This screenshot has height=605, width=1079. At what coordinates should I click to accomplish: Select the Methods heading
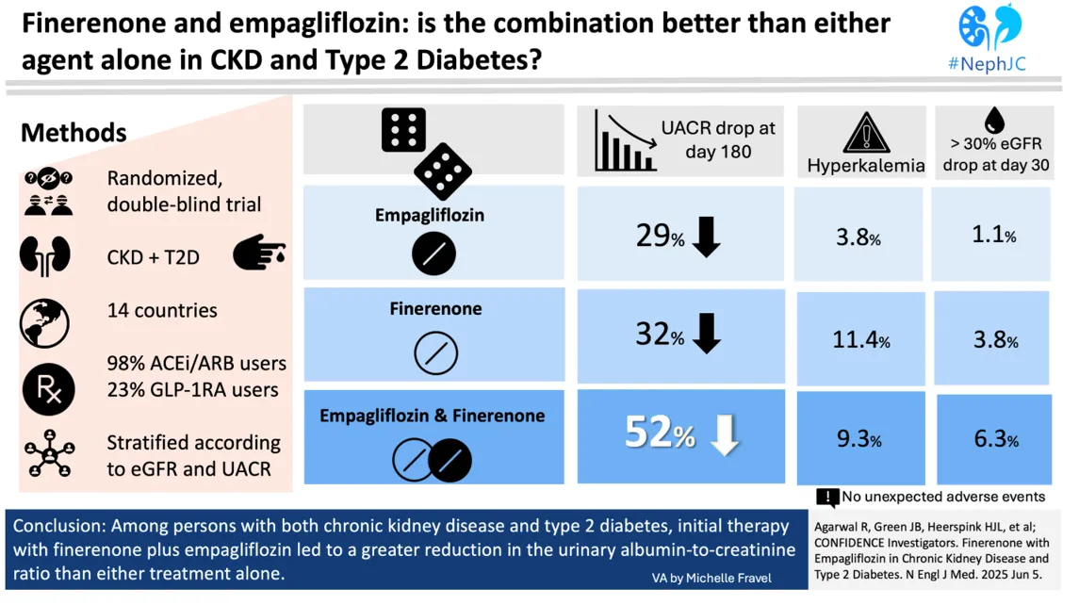[74, 132]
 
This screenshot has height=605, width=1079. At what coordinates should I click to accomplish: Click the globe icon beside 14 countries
[44, 321]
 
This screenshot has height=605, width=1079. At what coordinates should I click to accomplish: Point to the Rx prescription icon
[47, 388]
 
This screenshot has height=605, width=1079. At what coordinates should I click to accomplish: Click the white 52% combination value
[660, 433]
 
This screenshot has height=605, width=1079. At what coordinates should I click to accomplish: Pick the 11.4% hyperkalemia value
[860, 339]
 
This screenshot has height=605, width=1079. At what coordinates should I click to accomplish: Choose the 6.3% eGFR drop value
[994, 438]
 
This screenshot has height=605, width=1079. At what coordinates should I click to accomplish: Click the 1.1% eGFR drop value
[994, 234]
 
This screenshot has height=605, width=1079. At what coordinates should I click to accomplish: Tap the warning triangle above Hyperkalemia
[864, 134]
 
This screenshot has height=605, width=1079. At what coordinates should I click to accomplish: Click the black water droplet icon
[993, 120]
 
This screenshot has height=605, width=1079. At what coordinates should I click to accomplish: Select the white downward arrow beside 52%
[725, 434]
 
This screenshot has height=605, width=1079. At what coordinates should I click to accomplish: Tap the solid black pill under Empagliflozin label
[433, 254]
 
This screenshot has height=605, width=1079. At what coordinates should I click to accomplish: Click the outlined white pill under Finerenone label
[435, 354]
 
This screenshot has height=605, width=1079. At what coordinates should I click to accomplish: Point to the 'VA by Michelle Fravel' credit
[711, 578]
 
